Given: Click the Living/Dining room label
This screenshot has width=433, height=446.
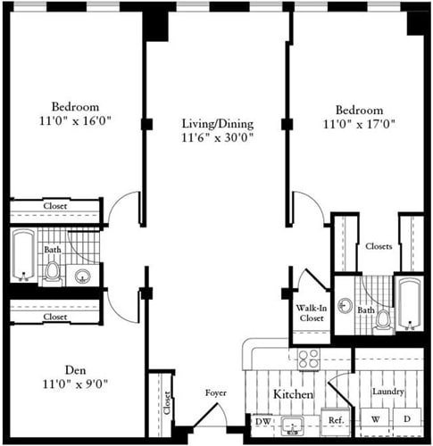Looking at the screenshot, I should (x=218, y=123).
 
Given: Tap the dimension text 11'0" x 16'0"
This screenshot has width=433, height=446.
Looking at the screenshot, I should (x=75, y=119).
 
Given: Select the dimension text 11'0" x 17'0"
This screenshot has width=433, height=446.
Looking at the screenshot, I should (x=360, y=124).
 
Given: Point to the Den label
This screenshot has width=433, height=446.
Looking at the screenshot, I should (x=75, y=370).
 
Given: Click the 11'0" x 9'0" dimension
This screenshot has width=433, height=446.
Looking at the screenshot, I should (x=75, y=384).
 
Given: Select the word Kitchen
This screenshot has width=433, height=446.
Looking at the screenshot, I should (x=293, y=393).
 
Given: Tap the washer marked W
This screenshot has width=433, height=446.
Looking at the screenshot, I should (x=375, y=418).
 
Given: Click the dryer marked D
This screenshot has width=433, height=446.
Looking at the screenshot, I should (x=406, y=418).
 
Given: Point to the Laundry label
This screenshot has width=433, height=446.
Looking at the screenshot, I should (x=389, y=392).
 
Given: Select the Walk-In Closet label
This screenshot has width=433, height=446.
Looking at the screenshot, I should (x=311, y=313).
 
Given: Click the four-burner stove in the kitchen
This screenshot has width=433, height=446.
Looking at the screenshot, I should (x=308, y=359).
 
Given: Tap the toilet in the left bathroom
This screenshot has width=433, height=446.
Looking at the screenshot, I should (x=53, y=270).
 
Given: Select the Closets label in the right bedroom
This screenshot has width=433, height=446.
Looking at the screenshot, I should (x=379, y=246).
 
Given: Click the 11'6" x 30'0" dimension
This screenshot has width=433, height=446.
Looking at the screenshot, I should (x=218, y=138).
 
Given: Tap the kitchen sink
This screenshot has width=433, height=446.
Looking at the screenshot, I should (x=292, y=425).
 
